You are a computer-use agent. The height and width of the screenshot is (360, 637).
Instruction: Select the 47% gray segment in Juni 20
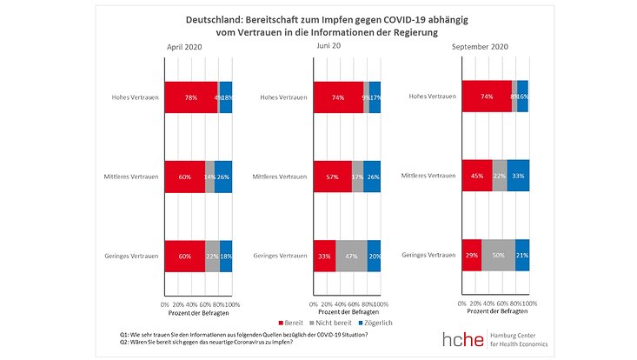pos(351,256)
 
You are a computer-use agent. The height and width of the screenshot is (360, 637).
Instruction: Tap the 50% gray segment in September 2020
pos(498,254)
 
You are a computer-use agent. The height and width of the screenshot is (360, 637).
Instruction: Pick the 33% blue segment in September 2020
pos(518,175)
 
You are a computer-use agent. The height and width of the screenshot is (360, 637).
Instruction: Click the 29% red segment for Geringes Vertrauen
pos(471,254)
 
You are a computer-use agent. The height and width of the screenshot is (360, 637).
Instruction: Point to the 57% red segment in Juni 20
pos(332,177)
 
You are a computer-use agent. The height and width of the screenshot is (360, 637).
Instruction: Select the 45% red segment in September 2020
pos(477,175)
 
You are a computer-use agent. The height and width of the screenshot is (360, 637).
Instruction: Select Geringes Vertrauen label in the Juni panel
pos(281,256)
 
